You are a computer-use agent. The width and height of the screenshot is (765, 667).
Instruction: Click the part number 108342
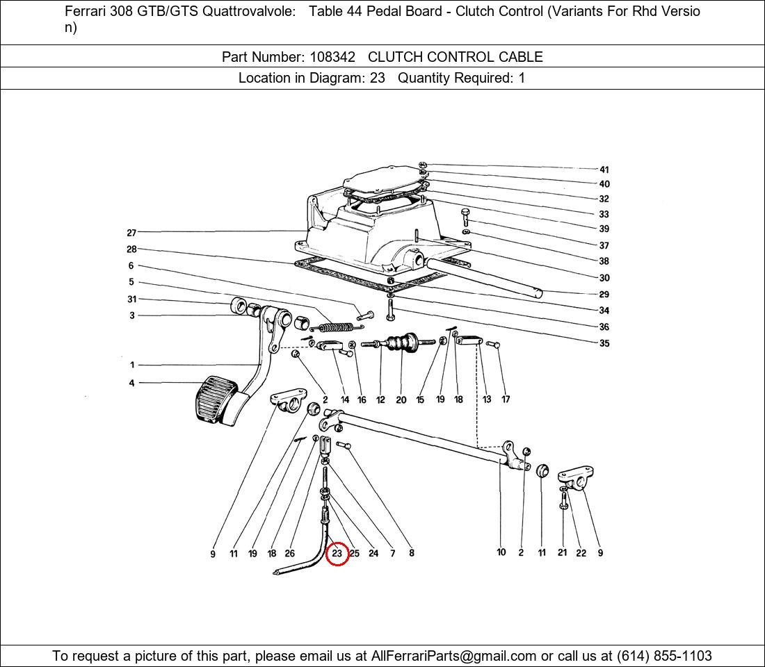pos(332,57)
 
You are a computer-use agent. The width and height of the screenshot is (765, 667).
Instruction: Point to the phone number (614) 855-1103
pos(664,656)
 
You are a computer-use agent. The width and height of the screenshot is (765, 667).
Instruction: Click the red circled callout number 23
pos(337,554)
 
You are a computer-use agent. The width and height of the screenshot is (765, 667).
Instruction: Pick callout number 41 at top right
pos(604,170)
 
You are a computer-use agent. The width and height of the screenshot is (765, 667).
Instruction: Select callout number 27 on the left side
pos(131,233)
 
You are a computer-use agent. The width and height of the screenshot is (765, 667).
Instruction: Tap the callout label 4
pos(131,384)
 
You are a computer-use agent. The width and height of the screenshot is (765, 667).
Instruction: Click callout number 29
pos(604,295)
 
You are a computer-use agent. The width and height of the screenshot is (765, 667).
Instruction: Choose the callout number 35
pos(604,343)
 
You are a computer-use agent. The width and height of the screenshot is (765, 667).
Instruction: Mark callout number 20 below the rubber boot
pos(401,400)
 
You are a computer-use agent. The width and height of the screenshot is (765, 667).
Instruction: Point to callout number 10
pos(501,552)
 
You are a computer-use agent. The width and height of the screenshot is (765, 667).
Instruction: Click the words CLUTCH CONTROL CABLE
pos(456,57)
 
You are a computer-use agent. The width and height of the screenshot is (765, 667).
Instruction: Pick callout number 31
pos(131,299)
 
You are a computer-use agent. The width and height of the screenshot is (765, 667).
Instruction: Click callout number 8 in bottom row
pos(412,553)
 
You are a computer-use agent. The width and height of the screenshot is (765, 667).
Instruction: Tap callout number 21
pos(562,552)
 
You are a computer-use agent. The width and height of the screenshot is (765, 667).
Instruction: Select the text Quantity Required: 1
pos(462,78)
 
